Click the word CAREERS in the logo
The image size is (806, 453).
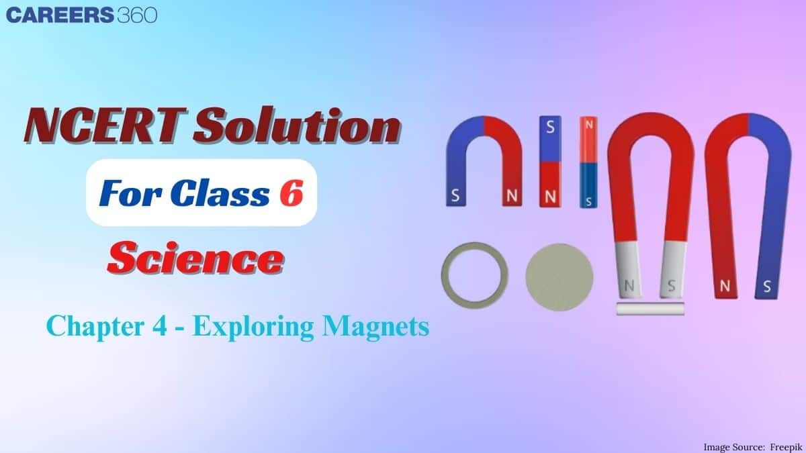pos(59,15)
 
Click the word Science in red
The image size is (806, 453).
pos(195,258)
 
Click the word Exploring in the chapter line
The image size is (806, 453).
pos(257,328)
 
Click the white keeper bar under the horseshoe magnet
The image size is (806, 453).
pos(650,309)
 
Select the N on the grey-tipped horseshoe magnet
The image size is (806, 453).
pos(629,286)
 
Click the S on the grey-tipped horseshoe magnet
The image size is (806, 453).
pos(670,286)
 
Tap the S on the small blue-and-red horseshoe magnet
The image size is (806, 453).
pos(456,197)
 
